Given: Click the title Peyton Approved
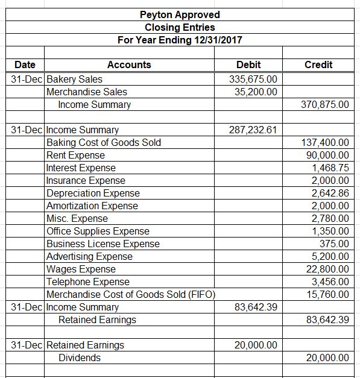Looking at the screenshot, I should point(180,14).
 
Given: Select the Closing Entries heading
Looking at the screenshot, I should point(180,27).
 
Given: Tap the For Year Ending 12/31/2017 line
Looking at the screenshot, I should point(180,40).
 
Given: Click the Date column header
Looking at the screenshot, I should point(25,65).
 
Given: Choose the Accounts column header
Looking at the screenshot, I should point(129,65).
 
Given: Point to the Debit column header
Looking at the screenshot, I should point(249,65).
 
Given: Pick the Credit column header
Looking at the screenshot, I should point(318,65).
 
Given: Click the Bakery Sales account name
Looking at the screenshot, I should point(74,79).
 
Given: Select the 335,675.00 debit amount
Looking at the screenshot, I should point(254,79).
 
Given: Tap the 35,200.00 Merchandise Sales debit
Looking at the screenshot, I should point(256,92).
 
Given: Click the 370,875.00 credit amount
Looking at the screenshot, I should point(324,104).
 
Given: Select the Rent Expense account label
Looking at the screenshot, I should point(75,155).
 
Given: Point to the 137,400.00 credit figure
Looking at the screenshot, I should point(324,142).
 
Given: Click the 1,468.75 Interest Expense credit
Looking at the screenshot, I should point(330,168).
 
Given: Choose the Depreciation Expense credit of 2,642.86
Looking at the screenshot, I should point(330,193).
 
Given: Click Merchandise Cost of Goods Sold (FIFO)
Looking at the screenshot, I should point(131,294).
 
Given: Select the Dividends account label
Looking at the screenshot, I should point(79,358).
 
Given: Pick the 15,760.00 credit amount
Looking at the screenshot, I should point(327,294).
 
